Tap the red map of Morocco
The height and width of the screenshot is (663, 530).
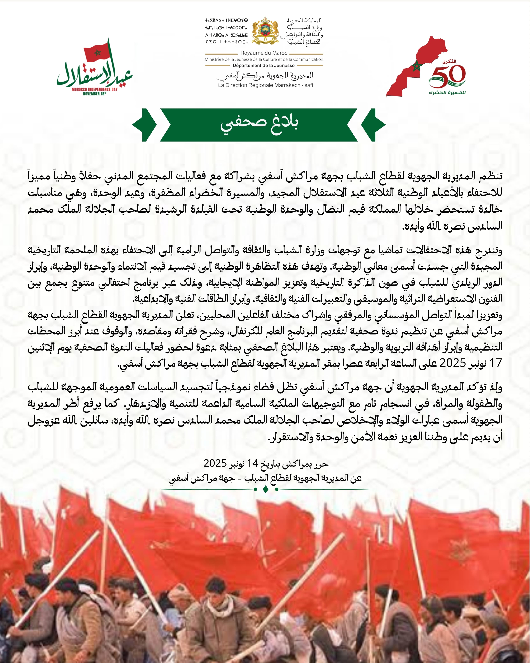415,66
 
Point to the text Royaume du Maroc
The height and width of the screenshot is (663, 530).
264,53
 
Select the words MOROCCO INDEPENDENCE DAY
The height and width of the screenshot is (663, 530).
95,89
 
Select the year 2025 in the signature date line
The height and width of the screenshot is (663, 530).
215,463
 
